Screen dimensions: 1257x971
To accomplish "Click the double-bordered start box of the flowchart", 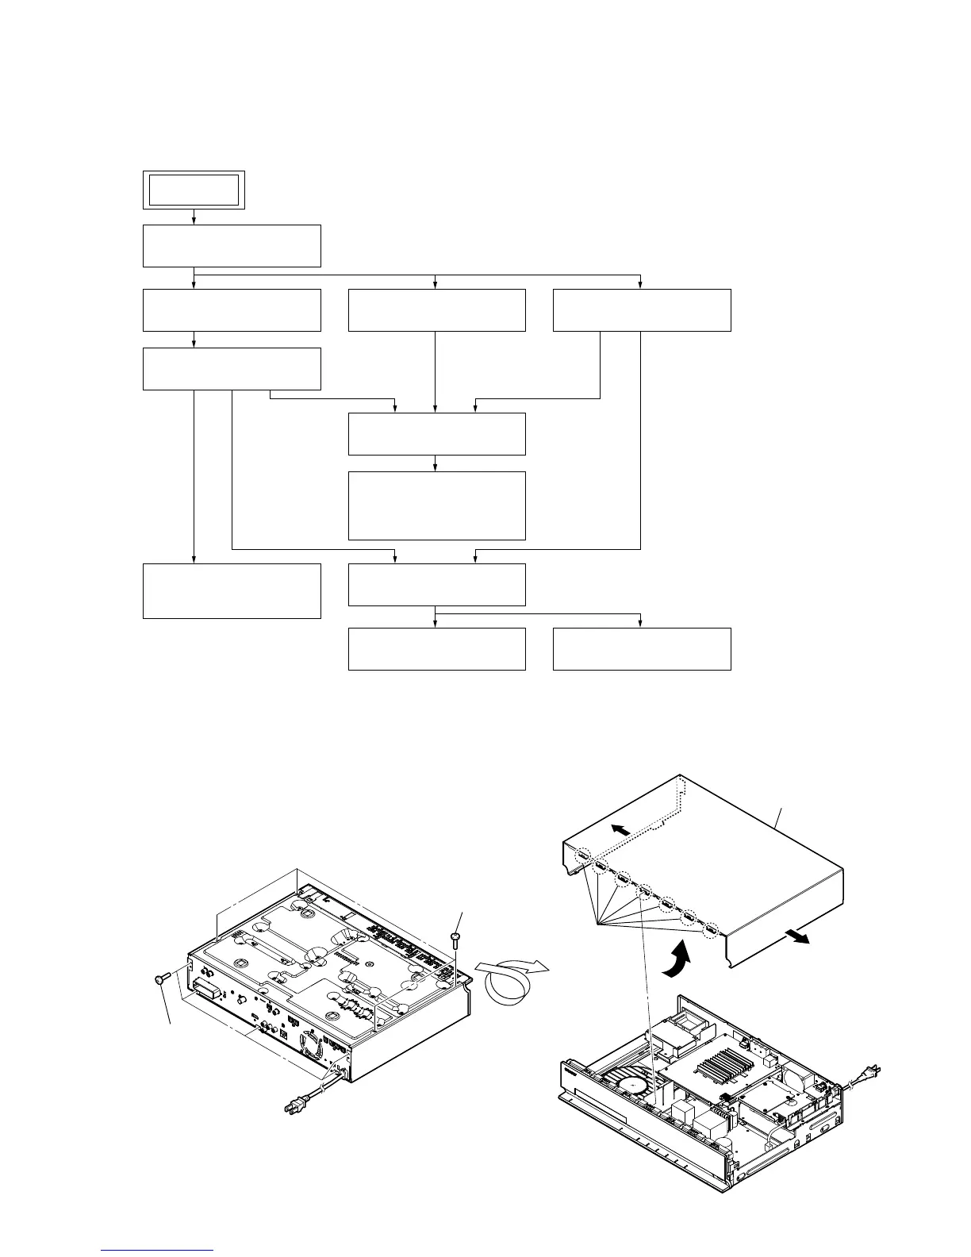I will point(194,190).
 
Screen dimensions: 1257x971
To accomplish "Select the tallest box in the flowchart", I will point(436,505).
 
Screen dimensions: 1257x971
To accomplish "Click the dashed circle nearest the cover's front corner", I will point(712,928).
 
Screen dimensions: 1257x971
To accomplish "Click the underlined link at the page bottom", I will point(158,1251).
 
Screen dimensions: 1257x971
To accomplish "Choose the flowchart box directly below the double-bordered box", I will point(232,246).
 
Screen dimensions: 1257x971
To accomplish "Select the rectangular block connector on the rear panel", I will point(207,989).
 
